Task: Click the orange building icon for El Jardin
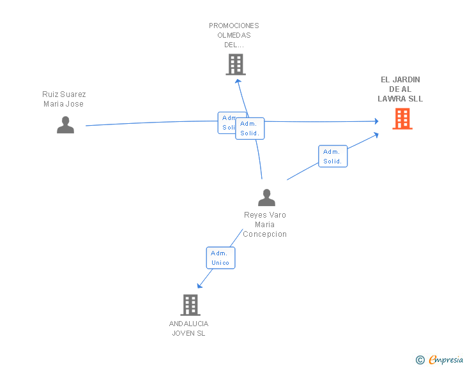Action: tap(402, 119)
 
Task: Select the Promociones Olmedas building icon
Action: tap(236, 64)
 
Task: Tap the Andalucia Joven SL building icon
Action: tap(190, 305)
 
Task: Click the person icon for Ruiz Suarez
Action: tap(65, 124)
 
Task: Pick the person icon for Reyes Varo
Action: tap(266, 198)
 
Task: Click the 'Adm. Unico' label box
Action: tap(220, 258)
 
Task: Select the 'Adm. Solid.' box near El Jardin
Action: tap(332, 156)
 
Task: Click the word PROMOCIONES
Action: tap(234, 26)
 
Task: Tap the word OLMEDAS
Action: tap(234, 35)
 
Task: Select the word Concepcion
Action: tap(265, 234)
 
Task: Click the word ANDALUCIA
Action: tap(188, 324)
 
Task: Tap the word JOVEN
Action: tap(183, 333)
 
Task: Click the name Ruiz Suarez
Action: tap(64, 94)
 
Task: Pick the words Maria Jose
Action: tap(64, 104)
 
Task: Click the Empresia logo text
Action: tap(446, 360)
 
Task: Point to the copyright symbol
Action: tap(420, 360)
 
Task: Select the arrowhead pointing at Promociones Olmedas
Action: tap(238, 80)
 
